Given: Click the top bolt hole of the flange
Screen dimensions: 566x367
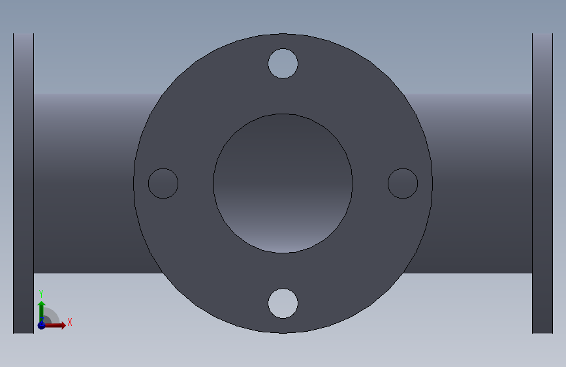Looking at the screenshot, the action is coord(283,63).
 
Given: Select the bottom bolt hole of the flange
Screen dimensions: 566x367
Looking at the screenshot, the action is coord(283,304).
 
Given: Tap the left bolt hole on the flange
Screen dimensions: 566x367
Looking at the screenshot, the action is coord(163,183).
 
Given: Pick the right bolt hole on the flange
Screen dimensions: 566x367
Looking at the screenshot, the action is coord(403,183).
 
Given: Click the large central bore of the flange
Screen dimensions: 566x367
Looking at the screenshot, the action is coord(283,183).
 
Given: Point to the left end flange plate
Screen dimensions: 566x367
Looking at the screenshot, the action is coord(24,183).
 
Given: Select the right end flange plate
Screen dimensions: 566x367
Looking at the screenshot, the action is coord(542,183).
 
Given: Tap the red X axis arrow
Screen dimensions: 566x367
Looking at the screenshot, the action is coord(54,325).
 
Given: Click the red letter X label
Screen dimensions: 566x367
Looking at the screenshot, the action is coord(70,322).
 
